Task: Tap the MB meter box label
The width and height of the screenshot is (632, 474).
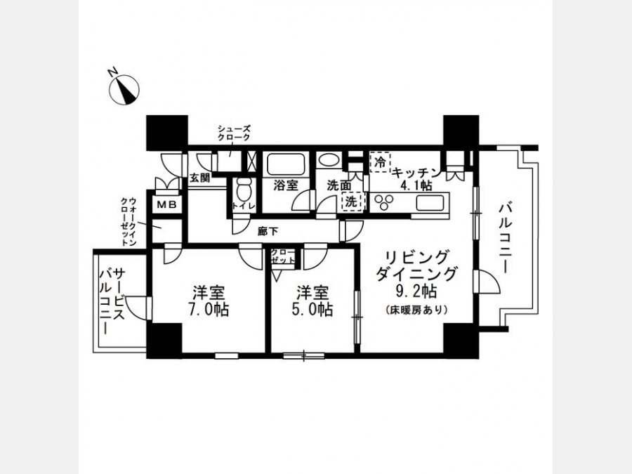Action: click(167, 205)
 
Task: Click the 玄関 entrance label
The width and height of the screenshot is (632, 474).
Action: click(200, 178)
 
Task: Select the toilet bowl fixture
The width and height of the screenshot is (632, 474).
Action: click(244, 190)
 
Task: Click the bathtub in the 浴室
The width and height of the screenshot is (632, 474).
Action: click(285, 164)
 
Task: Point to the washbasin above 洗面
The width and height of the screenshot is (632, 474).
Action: click(329, 160)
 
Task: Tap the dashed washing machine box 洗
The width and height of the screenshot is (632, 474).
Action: click(352, 202)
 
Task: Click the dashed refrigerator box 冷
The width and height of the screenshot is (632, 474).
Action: click(380, 162)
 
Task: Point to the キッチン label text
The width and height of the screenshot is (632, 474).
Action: click(416, 173)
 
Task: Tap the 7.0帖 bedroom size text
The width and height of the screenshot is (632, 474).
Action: click(208, 309)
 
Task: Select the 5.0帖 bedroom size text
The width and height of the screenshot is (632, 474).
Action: click(312, 309)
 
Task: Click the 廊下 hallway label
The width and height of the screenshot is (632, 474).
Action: click(268, 232)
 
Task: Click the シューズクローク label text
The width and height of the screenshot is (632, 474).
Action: click(234, 133)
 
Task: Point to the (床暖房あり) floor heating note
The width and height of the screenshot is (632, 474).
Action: click(416, 310)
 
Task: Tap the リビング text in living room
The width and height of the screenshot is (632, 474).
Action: click(416, 257)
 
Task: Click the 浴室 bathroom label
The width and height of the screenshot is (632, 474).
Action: click(285, 185)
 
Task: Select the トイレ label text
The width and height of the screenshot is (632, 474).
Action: click(244, 206)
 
